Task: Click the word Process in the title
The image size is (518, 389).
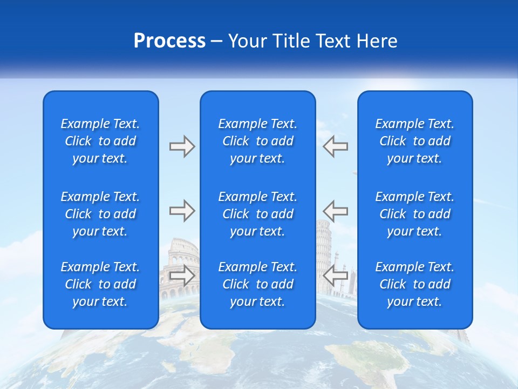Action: coord(169,41)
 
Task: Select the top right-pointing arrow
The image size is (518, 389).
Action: coord(182,146)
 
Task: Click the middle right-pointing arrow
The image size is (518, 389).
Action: coord(182,211)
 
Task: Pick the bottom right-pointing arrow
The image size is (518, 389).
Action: coord(182,276)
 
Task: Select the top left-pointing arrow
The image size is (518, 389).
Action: coord(335,146)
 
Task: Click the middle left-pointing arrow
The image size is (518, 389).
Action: coord(335,211)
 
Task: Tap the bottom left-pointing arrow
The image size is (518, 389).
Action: coord(335,276)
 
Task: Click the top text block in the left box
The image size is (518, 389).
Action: coord(100,141)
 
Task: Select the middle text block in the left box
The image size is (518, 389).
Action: coord(100,214)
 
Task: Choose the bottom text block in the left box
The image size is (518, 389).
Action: coord(100,284)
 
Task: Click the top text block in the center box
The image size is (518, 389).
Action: coord(257,141)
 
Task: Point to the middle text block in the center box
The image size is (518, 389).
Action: coord(257,214)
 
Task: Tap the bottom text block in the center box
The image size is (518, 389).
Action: coord(257,284)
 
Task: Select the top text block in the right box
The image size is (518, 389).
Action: coord(414,141)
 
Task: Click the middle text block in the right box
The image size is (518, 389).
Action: coord(414,214)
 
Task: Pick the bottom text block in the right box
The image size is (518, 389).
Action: coord(414,284)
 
